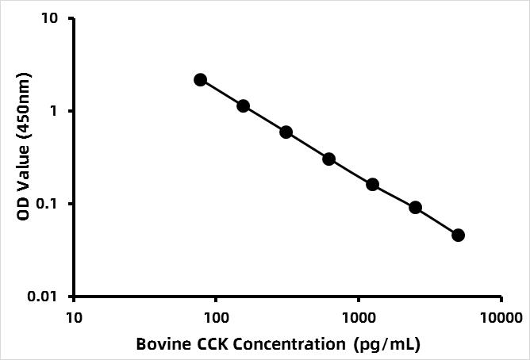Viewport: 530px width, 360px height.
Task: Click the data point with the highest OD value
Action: pyautogui.click(x=200, y=79)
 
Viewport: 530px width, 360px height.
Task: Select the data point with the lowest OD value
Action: pyautogui.click(x=458, y=235)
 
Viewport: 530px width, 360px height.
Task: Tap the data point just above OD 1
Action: pyautogui.click(x=243, y=105)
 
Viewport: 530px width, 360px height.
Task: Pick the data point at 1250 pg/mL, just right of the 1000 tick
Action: pyautogui.click(x=372, y=185)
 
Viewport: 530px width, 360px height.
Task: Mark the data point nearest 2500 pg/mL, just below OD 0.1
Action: pyautogui.click(x=415, y=208)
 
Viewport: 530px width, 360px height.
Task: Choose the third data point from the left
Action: pyautogui.click(x=286, y=132)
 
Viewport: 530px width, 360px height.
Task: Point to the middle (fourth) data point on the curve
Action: pyautogui.click(x=328, y=159)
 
